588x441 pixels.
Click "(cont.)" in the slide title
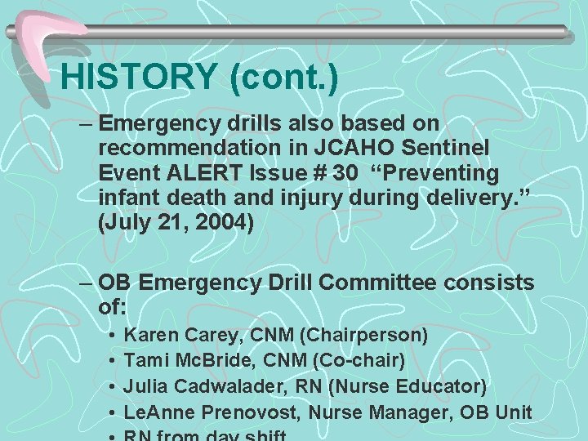pyautogui.click(x=284, y=76)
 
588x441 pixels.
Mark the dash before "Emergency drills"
pyautogui.click(x=87, y=123)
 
